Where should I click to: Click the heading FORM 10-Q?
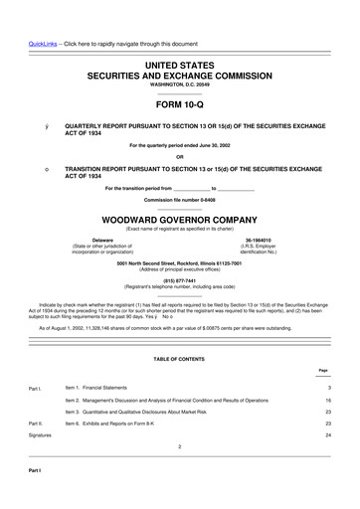179,103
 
